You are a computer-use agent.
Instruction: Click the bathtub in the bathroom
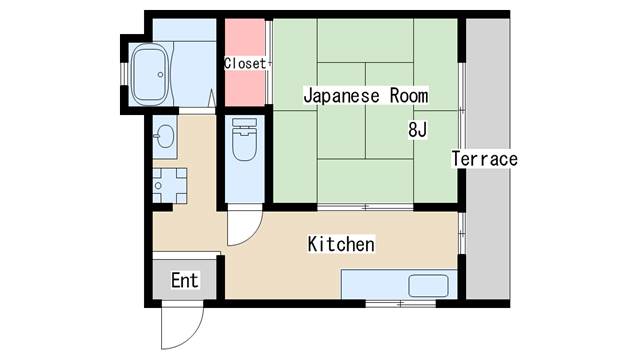(x=150, y=74)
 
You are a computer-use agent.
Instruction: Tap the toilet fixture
(x=244, y=139)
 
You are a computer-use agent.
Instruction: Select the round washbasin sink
(x=165, y=136)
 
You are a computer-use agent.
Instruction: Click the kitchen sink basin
(x=428, y=285)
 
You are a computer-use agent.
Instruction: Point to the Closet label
(x=245, y=63)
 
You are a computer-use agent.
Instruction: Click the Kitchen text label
(x=341, y=244)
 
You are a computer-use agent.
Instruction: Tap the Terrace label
(x=484, y=159)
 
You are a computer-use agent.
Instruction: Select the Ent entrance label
(x=184, y=280)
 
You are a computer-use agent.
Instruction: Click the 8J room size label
(x=417, y=130)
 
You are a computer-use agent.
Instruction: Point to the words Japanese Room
(x=366, y=96)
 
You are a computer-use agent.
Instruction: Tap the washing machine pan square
(x=170, y=186)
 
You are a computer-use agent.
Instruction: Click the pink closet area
(x=245, y=63)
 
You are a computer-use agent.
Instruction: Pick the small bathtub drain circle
(x=160, y=75)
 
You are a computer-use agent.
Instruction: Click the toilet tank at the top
(x=244, y=122)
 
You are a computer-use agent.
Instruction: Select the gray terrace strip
(x=488, y=159)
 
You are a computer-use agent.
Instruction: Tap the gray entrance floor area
(x=184, y=280)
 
